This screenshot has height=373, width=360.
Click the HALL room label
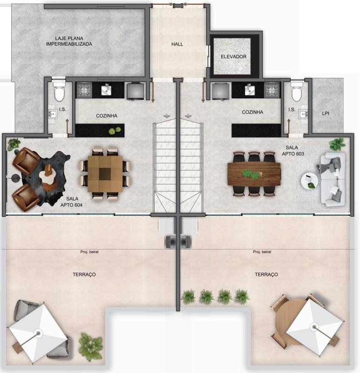click(177, 44)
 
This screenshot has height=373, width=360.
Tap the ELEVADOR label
click(233, 57)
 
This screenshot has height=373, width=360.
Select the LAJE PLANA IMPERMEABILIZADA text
click(69, 41)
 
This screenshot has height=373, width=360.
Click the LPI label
click(326, 113)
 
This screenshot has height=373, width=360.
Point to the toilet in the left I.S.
click(59, 92)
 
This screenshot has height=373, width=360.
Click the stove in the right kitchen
click(272, 90)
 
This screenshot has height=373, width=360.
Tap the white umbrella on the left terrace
click(38, 333)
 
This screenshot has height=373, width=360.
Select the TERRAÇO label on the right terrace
click(266, 275)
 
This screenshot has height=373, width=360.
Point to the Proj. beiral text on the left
click(89, 252)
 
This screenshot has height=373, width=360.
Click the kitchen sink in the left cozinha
click(106, 89)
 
